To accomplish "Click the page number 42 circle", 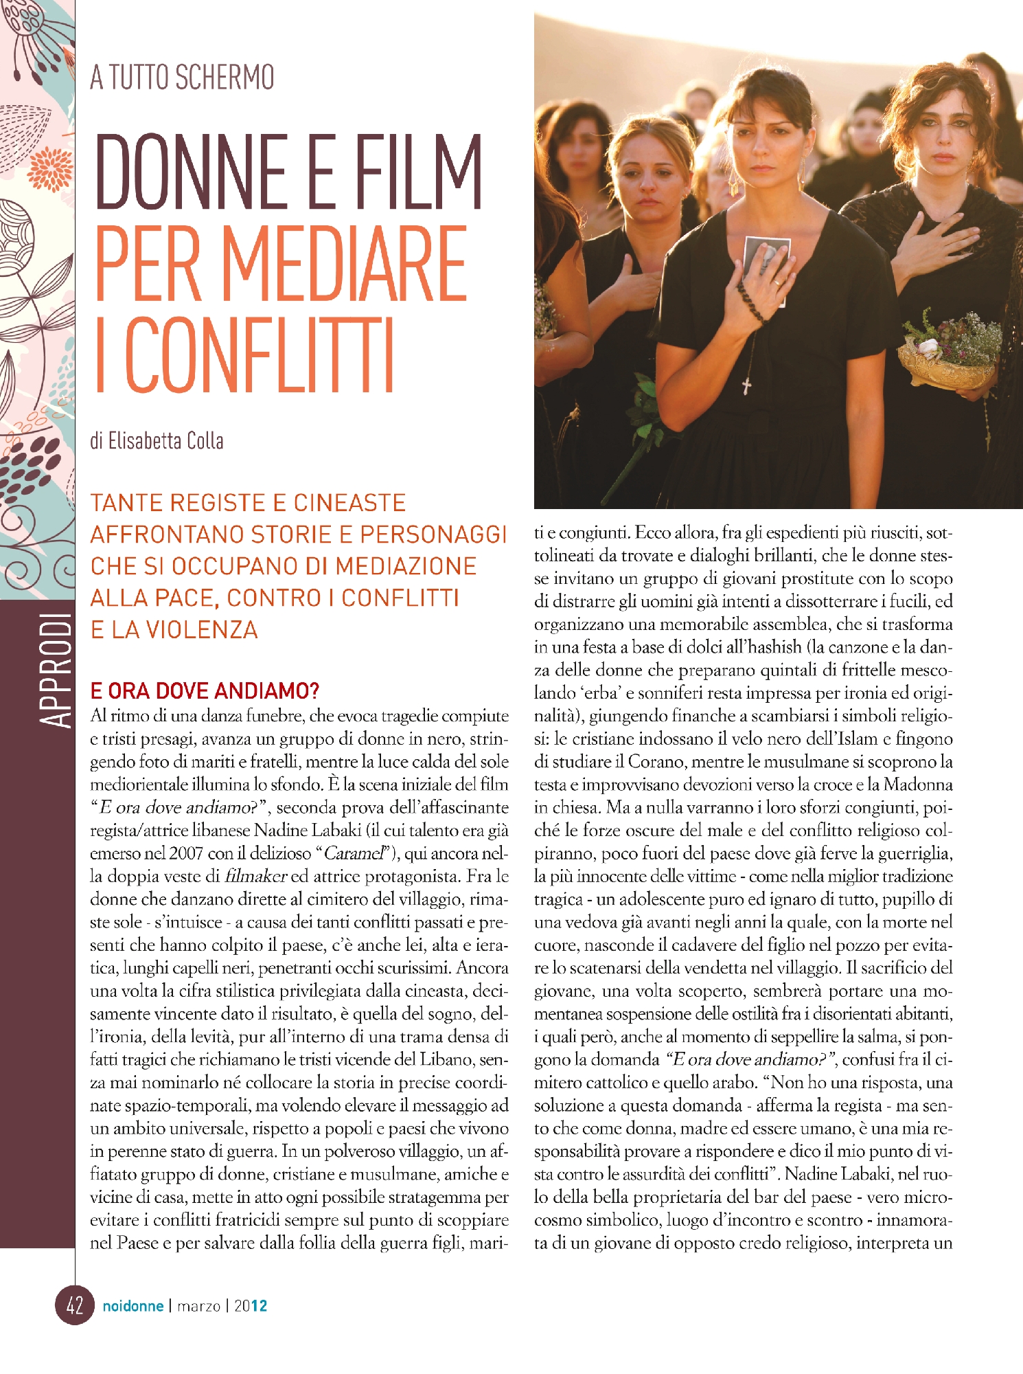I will coord(74,1305).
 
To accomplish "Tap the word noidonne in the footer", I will coord(133,1305).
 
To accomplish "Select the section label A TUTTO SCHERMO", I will coord(182,77).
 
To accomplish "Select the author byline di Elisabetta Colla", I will coord(157,440).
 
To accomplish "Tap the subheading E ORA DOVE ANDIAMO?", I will coord(205,690).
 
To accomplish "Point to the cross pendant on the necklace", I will coord(746,385).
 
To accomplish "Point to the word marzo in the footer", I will coord(198,1305).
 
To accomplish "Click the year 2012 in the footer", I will coord(251,1305).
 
